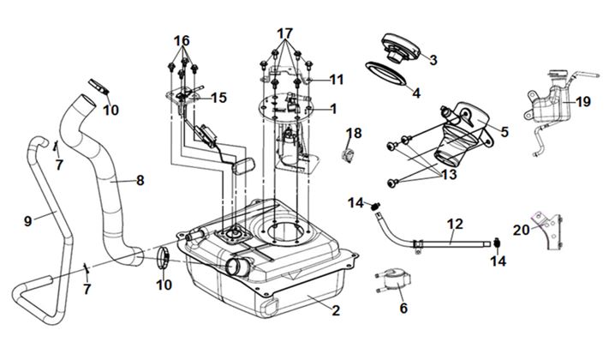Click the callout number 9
click(28, 220)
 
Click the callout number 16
click(181, 40)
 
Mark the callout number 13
click(447, 174)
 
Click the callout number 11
click(336, 80)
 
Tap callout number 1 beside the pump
click(333, 109)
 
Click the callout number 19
click(582, 102)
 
